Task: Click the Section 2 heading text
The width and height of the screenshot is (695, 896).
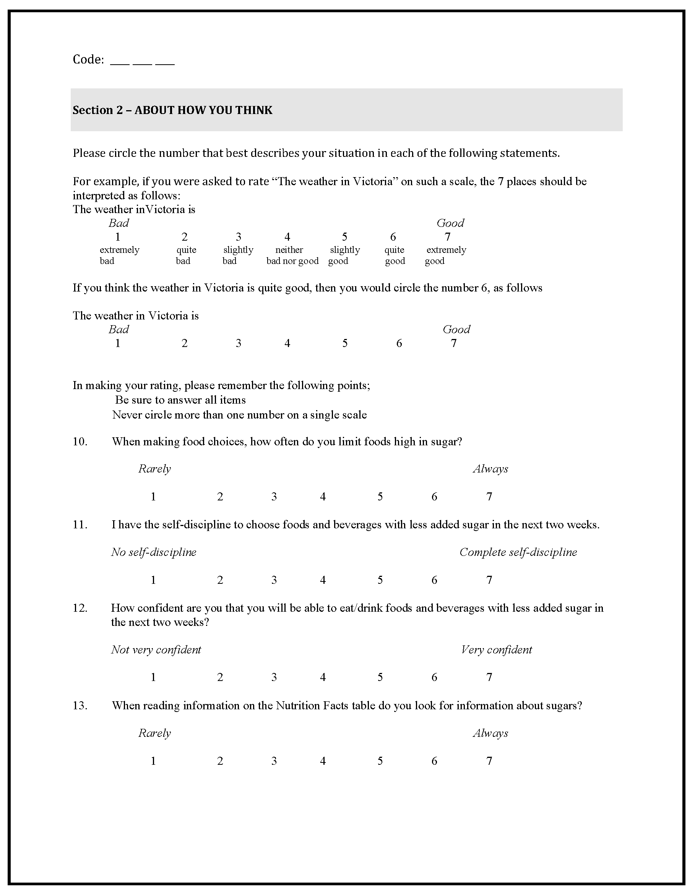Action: point(172,110)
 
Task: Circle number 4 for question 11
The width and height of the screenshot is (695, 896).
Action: point(323,580)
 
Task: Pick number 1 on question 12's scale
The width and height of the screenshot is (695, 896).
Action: point(153,677)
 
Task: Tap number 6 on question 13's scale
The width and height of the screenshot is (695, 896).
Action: point(434,761)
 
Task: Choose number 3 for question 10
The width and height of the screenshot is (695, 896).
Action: point(274,497)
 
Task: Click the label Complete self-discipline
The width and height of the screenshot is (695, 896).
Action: point(518,552)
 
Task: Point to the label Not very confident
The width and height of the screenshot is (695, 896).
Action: point(156,650)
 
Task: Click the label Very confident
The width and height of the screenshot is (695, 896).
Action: point(496,650)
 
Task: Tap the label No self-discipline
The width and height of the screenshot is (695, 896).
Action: point(153,552)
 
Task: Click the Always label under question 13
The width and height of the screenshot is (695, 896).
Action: point(490,733)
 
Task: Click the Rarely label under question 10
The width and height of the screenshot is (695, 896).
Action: point(154,469)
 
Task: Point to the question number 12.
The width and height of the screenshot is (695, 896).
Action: point(80,608)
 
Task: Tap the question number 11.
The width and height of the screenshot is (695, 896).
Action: point(80,525)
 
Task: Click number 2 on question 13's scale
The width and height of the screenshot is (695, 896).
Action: point(220,761)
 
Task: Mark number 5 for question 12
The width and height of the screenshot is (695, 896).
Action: point(380,677)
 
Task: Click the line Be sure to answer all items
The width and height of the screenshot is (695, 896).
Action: point(180,400)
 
